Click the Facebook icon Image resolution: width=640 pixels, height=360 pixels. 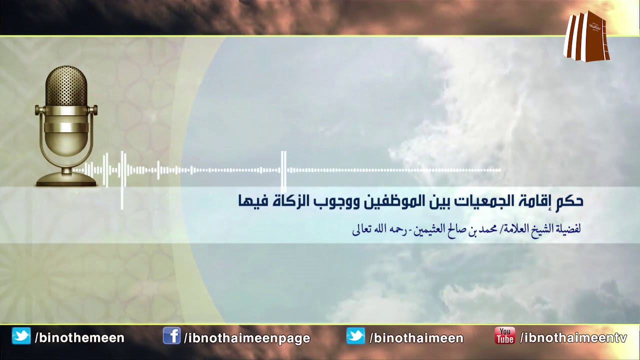click(171, 335)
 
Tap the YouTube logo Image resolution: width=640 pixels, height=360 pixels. click(504, 335)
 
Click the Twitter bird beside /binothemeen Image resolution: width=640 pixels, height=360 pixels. click(21, 335)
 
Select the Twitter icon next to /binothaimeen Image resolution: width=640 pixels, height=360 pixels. click(355, 335)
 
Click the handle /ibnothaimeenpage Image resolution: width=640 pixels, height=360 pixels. click(247, 338)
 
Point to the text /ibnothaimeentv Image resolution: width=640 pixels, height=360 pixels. click(573, 338)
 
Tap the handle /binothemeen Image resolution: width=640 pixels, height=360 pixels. click(79, 338)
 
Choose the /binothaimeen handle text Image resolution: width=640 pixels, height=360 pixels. click(416, 338)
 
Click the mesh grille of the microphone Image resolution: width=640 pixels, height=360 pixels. click(66, 86)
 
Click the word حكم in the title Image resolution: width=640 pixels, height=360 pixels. click(569, 201)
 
